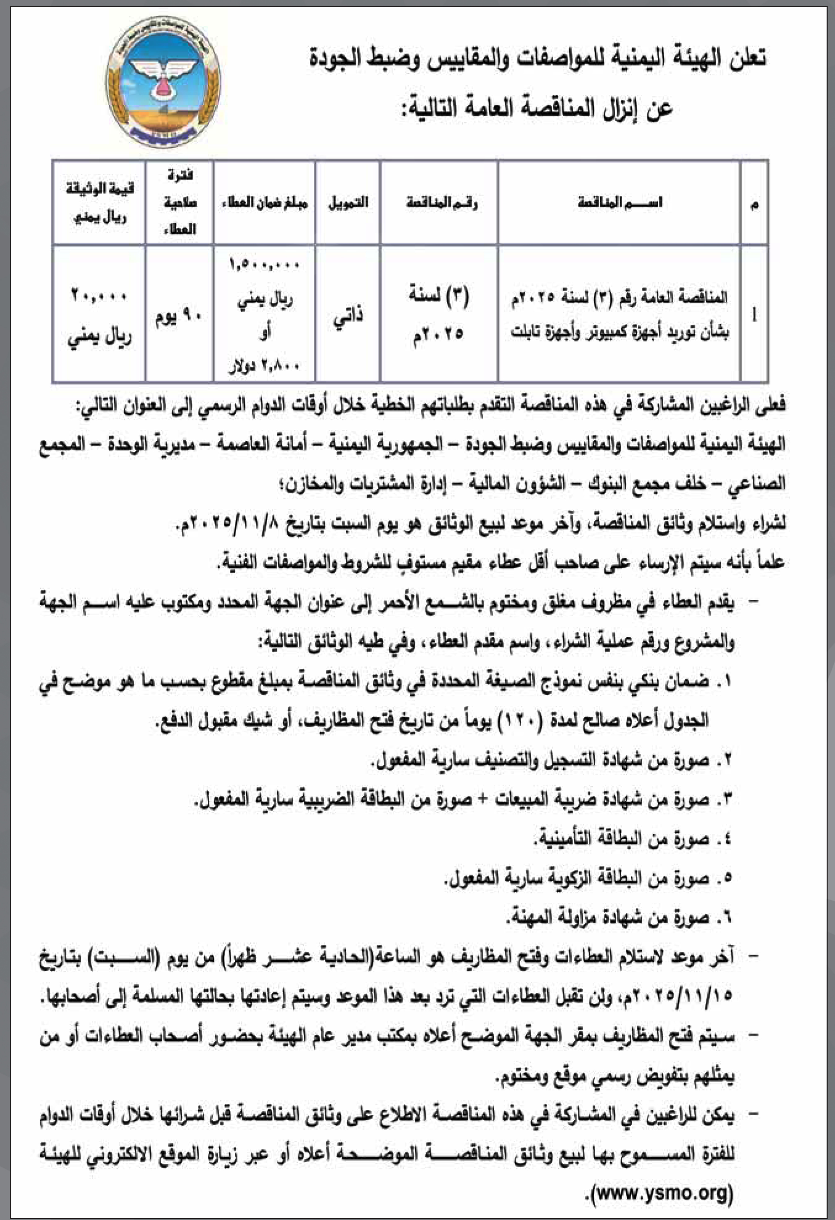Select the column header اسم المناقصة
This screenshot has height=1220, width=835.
point(619,203)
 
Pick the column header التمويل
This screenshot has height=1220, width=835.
point(348,203)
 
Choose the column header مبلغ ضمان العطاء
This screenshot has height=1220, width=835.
point(265,203)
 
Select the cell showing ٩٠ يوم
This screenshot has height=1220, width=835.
point(179,317)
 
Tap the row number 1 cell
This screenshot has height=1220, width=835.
point(754,316)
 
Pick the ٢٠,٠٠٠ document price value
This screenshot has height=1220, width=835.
point(99,296)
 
